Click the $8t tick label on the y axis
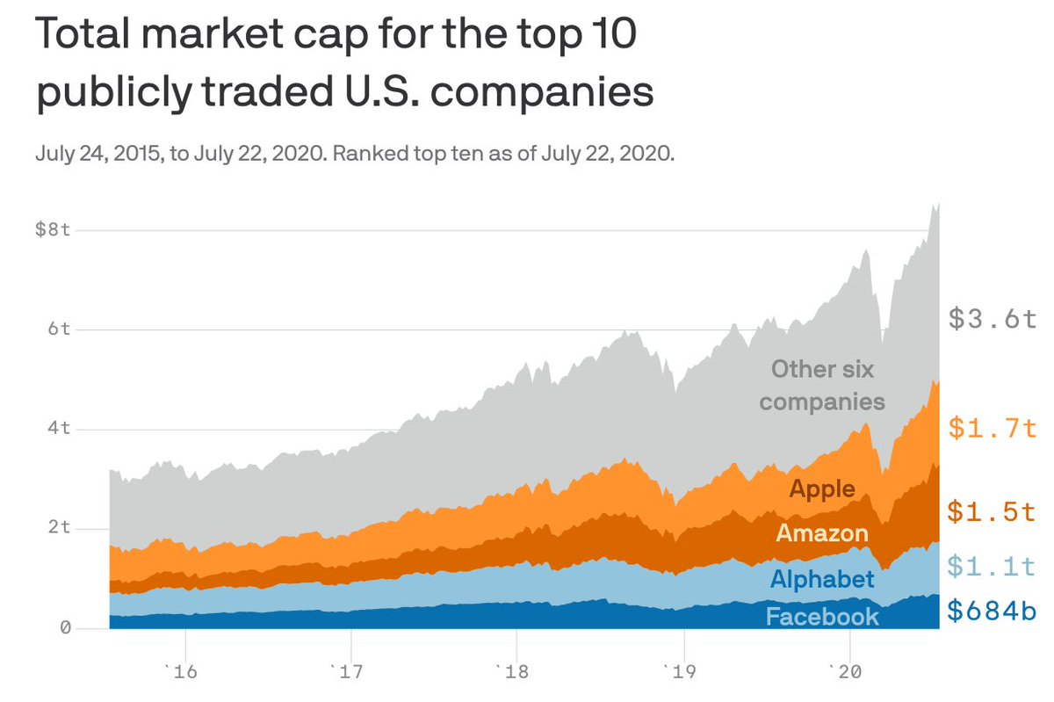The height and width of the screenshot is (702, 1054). [52, 230]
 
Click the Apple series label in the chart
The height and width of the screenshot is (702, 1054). [822, 489]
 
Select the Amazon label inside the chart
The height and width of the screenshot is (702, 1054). [822, 533]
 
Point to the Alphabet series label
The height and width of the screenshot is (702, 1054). [822, 579]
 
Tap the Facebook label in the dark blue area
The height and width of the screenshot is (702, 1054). [822, 617]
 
